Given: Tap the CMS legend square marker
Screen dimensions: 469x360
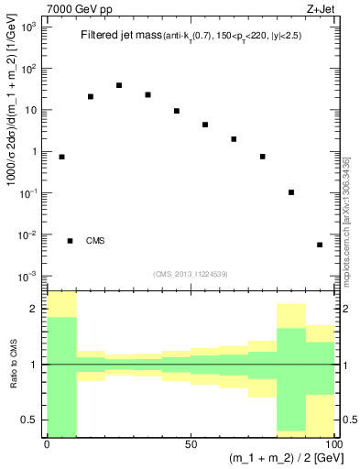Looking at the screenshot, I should coord(70,241).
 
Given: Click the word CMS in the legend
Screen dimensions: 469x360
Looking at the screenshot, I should coord(95,241).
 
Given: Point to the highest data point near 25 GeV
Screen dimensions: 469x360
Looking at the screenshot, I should coord(119,85).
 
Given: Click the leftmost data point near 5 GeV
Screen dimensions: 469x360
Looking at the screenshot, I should coord(61,157).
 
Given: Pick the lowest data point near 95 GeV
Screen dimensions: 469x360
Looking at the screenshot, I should coord(320,245).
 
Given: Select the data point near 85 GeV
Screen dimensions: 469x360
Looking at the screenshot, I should coord(291,192).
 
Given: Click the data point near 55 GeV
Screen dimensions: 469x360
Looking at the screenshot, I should coord(205,125).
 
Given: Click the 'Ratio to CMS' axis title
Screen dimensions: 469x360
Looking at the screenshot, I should coord(13,364).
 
